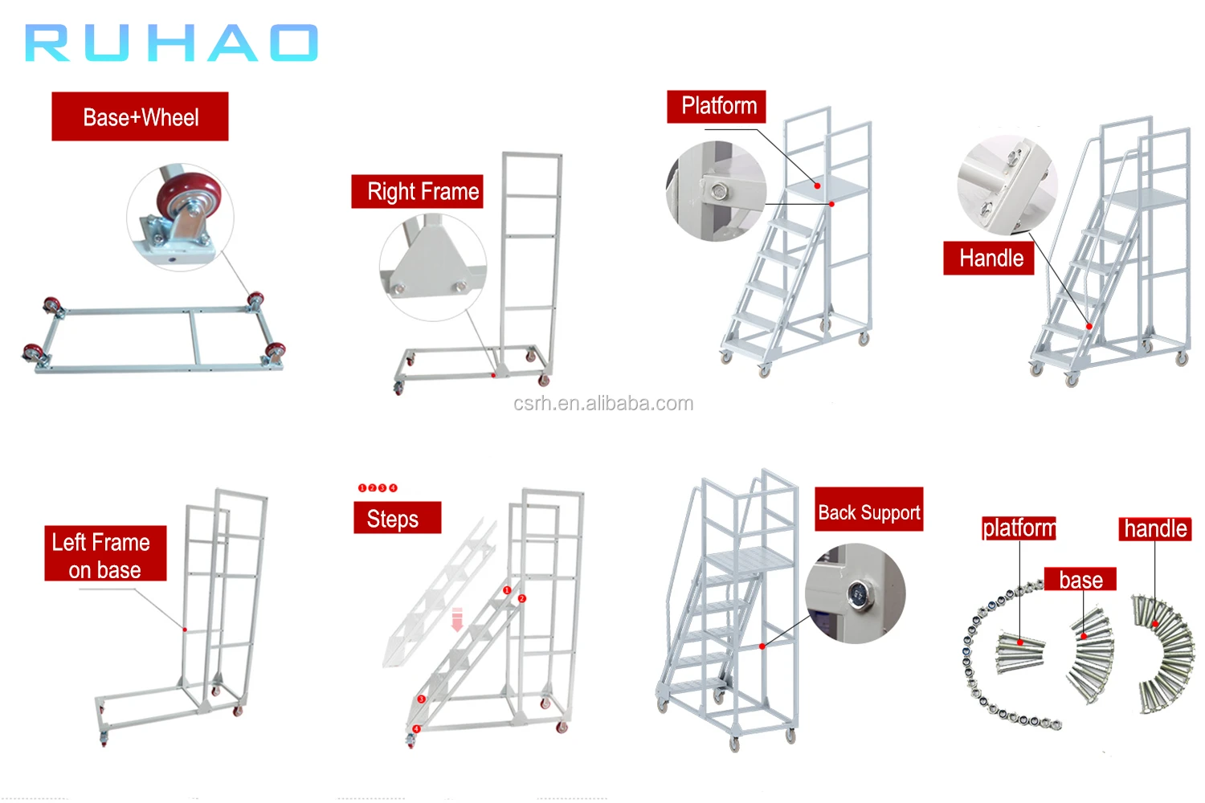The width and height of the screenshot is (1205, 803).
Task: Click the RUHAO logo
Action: pyautogui.click(x=172, y=43)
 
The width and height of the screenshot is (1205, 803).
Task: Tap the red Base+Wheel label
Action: pyautogui.click(x=140, y=117)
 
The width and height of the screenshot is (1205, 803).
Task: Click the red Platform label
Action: pyautogui.click(x=717, y=107)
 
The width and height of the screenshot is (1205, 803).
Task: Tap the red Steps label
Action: pyautogui.click(x=397, y=518)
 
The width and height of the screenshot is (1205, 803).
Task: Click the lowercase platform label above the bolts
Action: pyautogui.click(x=1019, y=528)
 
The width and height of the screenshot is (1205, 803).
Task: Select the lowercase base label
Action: pyautogui.click(x=1080, y=580)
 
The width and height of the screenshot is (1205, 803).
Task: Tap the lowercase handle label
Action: pyautogui.click(x=1155, y=528)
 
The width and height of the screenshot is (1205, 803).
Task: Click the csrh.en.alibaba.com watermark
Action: pyautogui.click(x=603, y=403)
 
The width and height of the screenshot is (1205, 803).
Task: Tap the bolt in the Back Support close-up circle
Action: pyautogui.click(x=859, y=595)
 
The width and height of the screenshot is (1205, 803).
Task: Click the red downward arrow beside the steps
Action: pyautogui.click(x=457, y=619)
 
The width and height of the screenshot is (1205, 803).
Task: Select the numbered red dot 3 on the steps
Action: pyautogui.click(x=421, y=699)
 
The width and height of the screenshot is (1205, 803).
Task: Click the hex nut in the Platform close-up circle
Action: pyautogui.click(x=717, y=191)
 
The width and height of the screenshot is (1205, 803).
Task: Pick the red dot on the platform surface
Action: pyautogui.click(x=818, y=185)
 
